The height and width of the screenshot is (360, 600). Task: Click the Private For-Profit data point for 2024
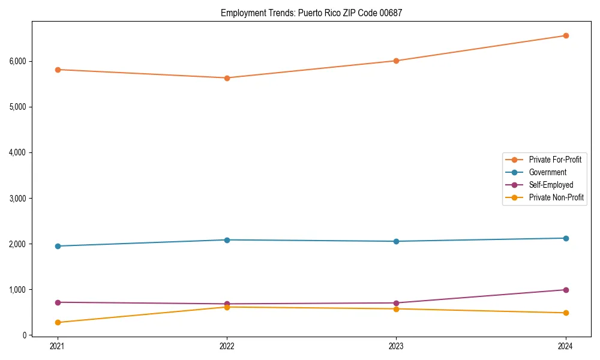[566, 35]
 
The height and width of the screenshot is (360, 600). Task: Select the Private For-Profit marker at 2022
[227, 78]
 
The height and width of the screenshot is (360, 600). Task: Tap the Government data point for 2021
[58, 246]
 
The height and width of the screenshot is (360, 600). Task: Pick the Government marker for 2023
[396, 241]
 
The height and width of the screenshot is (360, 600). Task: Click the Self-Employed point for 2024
[566, 290]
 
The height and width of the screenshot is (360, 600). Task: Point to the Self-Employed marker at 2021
[58, 302]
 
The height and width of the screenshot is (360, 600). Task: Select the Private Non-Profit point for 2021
[58, 322]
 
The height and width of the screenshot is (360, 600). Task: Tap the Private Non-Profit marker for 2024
[566, 313]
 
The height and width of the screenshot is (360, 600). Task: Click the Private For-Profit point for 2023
[396, 61]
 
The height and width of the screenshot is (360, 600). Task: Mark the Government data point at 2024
[566, 238]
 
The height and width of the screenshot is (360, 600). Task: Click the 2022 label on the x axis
[227, 346]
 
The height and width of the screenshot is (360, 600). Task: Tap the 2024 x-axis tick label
[566, 346]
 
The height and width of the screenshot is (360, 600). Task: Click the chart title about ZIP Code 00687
[311, 13]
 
